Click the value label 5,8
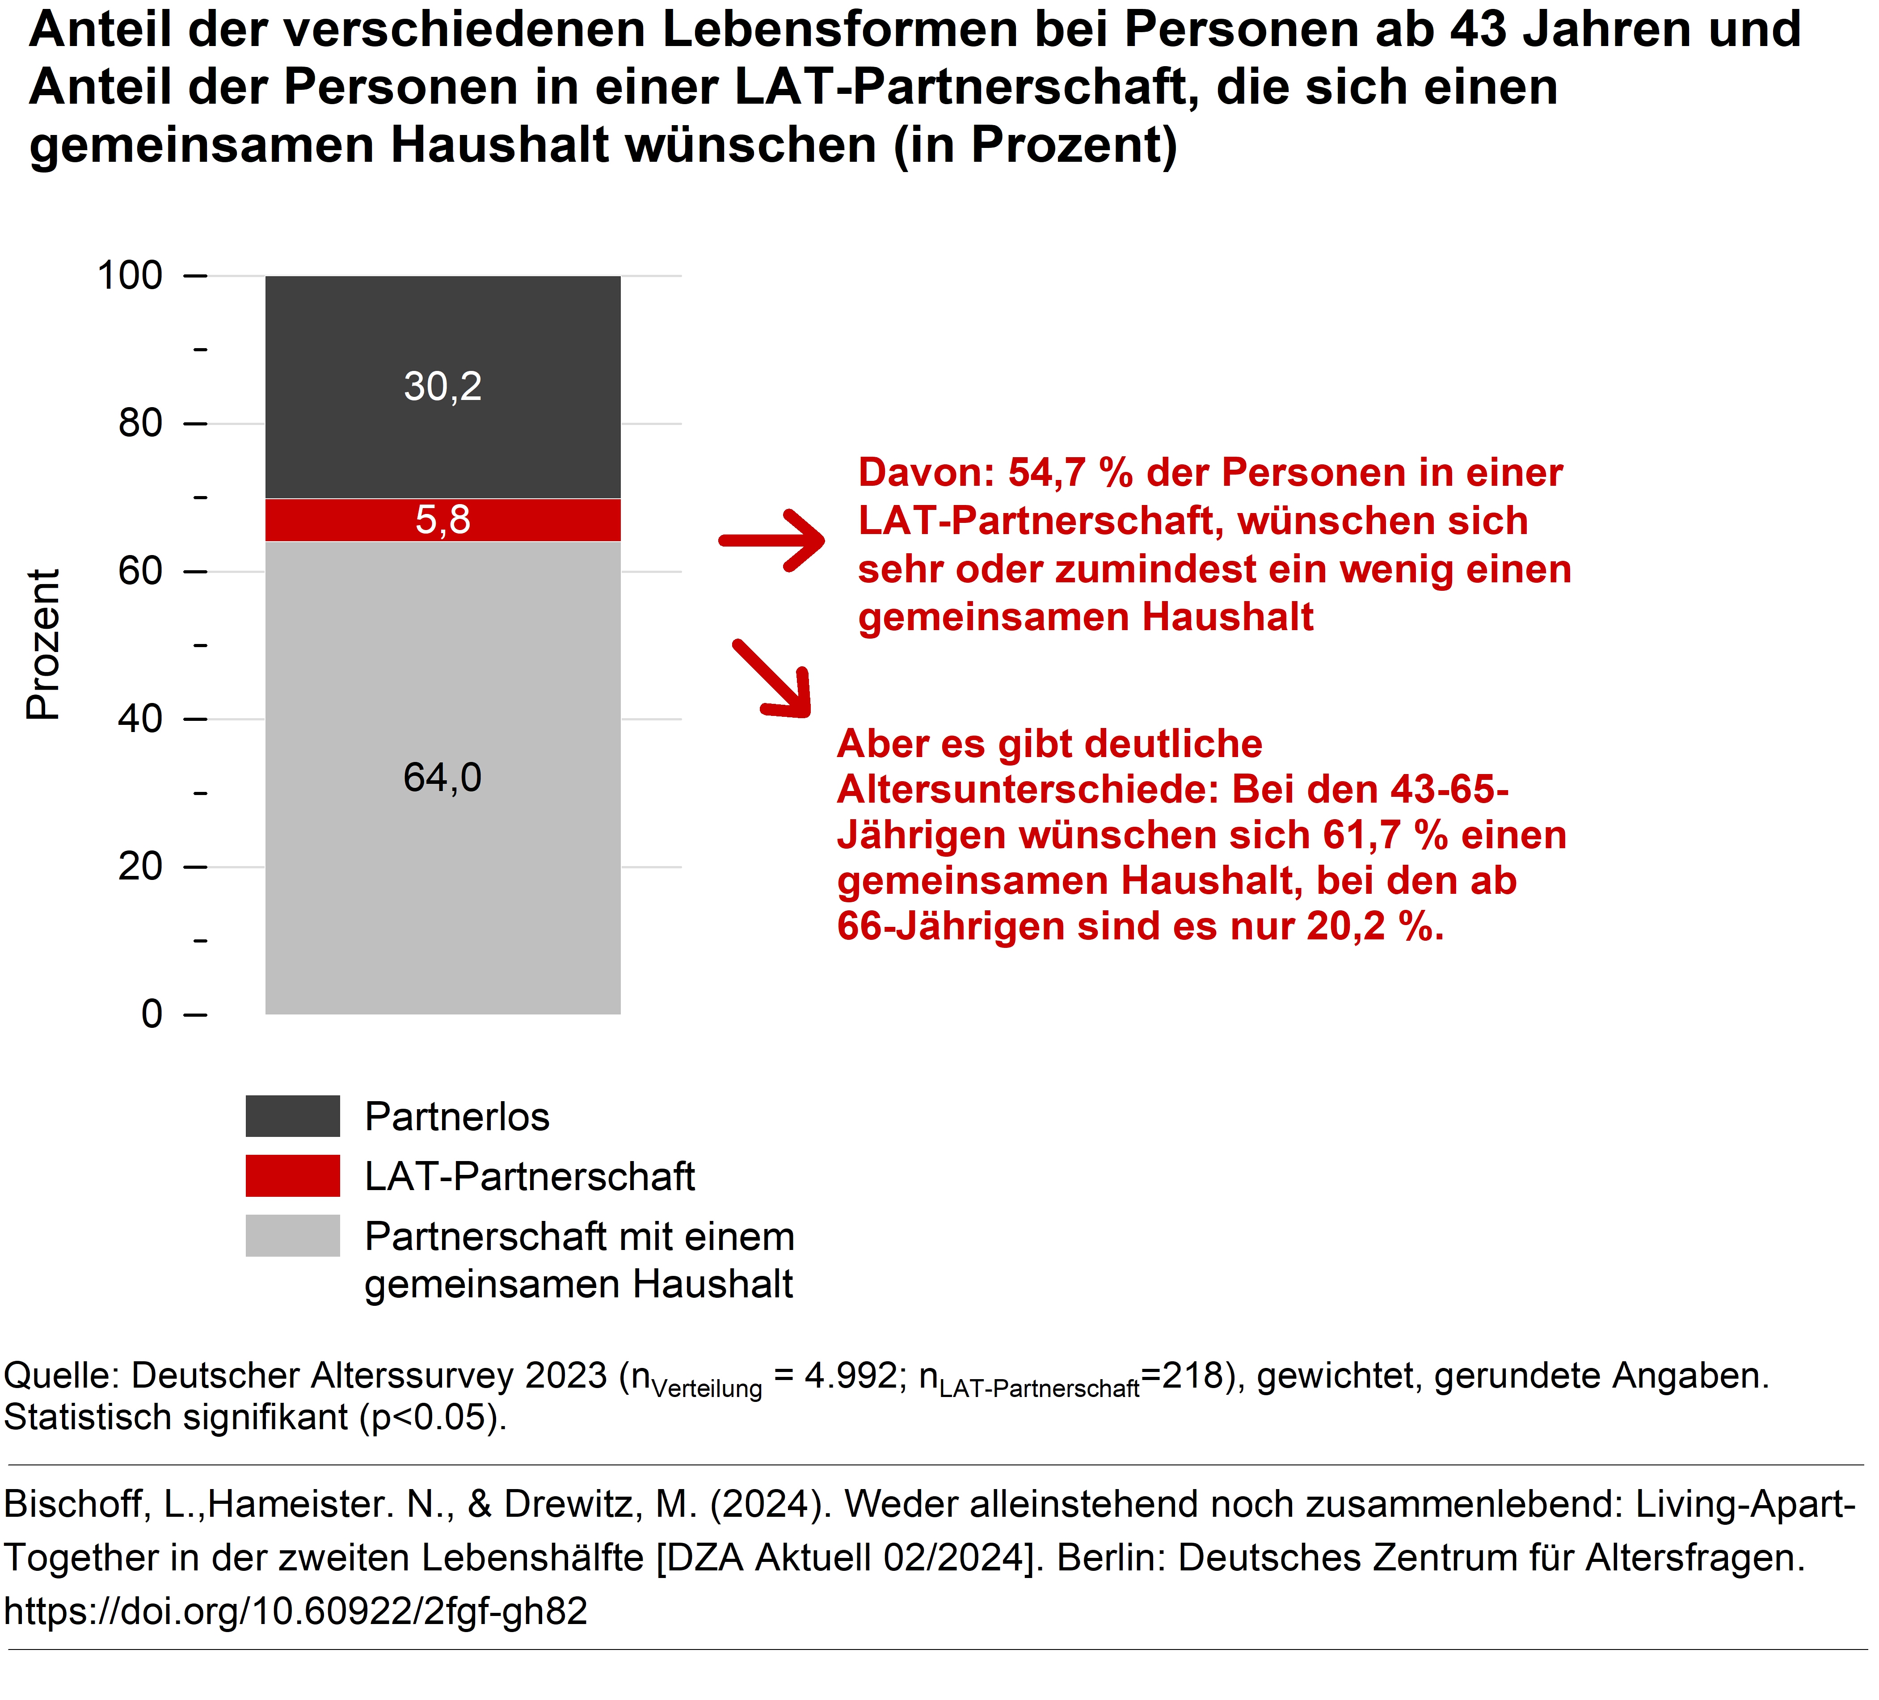[443, 520]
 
